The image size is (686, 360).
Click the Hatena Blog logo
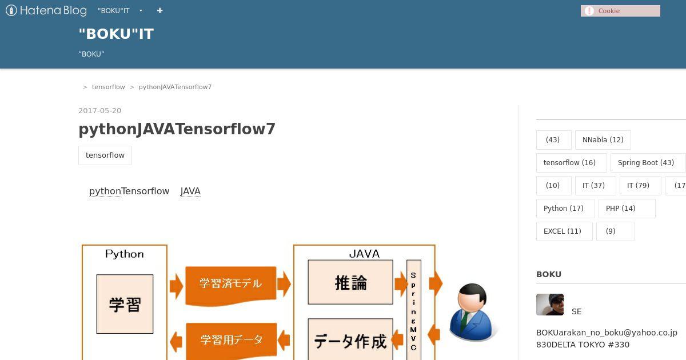tap(46, 11)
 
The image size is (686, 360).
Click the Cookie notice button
tap(620, 11)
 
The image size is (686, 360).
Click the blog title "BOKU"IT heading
tap(116, 34)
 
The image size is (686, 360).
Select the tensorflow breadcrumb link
tap(109, 87)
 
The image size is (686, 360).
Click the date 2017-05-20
tap(100, 110)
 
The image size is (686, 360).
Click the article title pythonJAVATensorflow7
tap(177, 129)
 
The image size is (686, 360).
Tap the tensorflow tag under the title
tap(105, 155)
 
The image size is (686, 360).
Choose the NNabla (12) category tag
tap(603, 140)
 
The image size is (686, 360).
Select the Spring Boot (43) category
tap(646, 162)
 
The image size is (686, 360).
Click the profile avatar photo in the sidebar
tap(550, 305)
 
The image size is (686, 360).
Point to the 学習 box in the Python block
tap(125, 304)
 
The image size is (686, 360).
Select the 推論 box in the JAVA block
tap(350, 282)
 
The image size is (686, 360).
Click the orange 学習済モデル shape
tap(230, 285)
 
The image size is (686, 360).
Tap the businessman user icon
tap(472, 311)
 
